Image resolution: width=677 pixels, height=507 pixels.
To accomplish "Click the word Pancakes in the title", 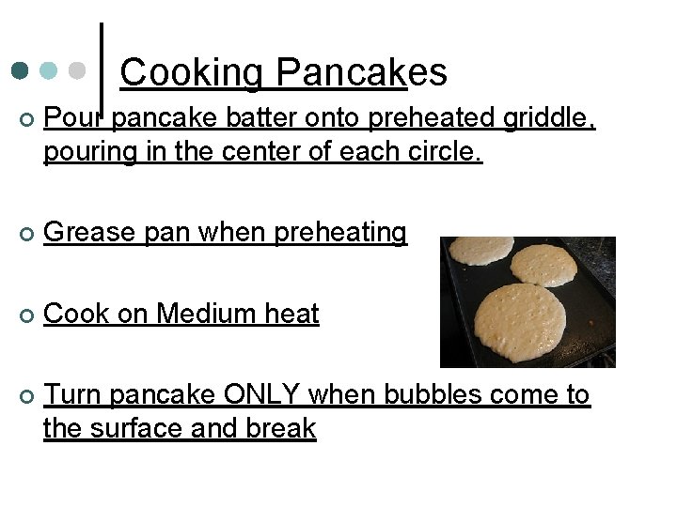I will [362, 72].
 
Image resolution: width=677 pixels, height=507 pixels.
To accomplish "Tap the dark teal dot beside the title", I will [21, 71].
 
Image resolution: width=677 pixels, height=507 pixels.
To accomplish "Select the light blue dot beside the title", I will [50, 71].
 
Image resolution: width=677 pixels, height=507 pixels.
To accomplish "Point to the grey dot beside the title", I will [78, 71].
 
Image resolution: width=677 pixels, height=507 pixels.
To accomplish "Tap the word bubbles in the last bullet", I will [433, 395].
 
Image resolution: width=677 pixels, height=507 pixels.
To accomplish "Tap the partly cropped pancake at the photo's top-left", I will [480, 250].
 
